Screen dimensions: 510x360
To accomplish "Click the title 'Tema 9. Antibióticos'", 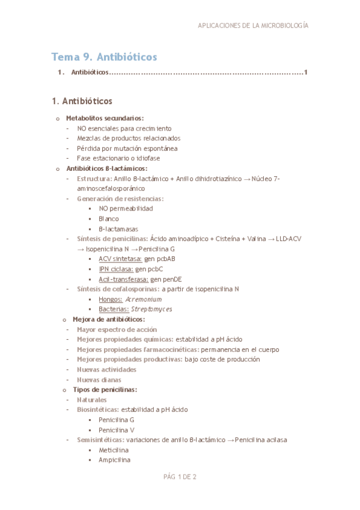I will pyautogui.click(x=105, y=57).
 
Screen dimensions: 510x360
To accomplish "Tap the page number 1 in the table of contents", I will pyautogui.click(x=307, y=73).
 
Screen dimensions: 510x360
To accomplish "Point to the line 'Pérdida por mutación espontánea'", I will pyautogui.click(x=127, y=148).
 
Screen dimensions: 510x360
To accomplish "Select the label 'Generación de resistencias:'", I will pyautogui.click(x=120, y=198).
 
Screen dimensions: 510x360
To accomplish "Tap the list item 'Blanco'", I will pyautogui.click(x=109, y=218).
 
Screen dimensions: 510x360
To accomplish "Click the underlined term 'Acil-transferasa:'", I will pyautogui.click(x=123, y=279).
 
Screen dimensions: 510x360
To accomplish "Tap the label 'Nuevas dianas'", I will pyautogui.click(x=99, y=379).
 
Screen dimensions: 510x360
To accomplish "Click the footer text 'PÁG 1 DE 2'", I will pyautogui.click(x=180, y=477).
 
